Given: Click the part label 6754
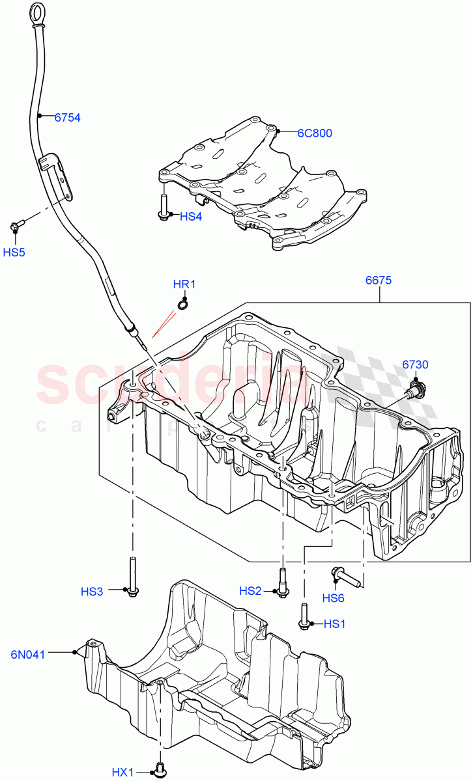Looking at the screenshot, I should tap(67, 118).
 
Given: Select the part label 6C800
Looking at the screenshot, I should tap(315, 133).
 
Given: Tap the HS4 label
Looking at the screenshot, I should tap(190, 216).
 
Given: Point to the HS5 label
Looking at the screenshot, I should tap(14, 252).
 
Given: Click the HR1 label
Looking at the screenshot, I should tap(184, 284).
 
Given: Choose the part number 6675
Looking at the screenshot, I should tap(378, 281).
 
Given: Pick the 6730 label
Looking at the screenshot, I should tap(415, 364).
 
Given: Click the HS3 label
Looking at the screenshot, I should tap(92, 592).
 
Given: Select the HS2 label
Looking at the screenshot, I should tap(250, 591).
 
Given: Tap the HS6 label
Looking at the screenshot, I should tap(333, 598).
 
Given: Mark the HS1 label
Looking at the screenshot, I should tap(334, 623).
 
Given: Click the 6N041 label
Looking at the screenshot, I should tap(28, 654).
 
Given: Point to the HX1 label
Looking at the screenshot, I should tap(122, 772).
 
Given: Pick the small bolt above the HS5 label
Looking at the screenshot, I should tap(16, 225).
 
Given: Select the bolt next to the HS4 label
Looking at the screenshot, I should tap(163, 208).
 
